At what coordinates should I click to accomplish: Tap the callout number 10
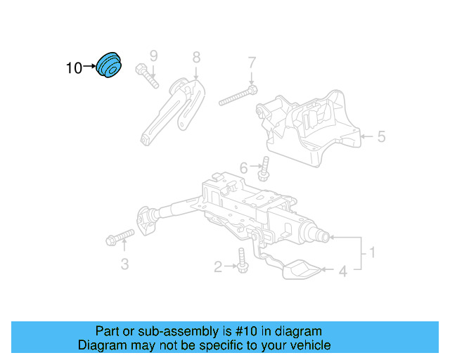coord(73,68)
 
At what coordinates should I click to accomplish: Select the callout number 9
coord(153,56)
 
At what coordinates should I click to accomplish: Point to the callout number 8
coord(196,57)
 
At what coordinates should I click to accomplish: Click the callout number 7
coord(251,65)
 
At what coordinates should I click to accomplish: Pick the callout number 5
coord(381,136)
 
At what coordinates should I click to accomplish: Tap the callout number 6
coord(243,168)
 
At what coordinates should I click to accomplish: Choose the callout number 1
coord(373,252)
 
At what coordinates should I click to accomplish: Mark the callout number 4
coord(343,270)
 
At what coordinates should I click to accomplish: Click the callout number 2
coord(218,266)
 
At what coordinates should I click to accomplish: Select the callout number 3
coord(124,264)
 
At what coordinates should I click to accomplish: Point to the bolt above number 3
coord(120,236)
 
